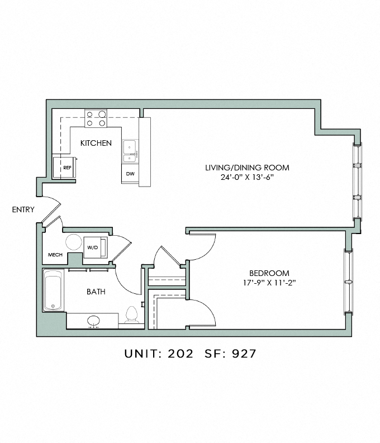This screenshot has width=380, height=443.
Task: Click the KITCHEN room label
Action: (x=96, y=143)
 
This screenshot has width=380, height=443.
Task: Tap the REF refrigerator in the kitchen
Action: (x=64, y=167)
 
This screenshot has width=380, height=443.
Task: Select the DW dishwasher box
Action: (x=130, y=174)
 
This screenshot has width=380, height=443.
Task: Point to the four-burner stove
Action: (x=96, y=118)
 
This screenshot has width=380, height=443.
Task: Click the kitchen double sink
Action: (x=130, y=151)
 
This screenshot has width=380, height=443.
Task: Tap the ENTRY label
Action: (x=23, y=209)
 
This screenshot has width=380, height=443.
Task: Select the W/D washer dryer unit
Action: (x=96, y=247)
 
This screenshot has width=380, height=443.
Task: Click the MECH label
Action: (x=55, y=255)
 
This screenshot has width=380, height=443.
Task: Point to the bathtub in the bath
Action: (x=53, y=290)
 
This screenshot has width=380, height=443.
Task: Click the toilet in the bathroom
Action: (x=131, y=315)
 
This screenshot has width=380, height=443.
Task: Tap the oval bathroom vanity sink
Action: (x=93, y=321)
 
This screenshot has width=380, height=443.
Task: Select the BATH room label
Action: (x=96, y=292)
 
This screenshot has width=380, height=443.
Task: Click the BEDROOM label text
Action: (x=269, y=273)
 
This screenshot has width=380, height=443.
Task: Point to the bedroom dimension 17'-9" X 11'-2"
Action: (x=269, y=283)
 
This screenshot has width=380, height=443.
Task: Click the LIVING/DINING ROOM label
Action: (x=247, y=168)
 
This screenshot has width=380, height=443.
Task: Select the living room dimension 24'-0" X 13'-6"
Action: (x=247, y=178)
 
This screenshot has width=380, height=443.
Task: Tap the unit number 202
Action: (x=180, y=354)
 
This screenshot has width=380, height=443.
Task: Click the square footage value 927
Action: (x=244, y=354)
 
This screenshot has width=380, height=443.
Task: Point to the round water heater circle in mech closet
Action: (x=74, y=242)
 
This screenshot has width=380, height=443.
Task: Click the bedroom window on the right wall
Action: (x=348, y=282)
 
